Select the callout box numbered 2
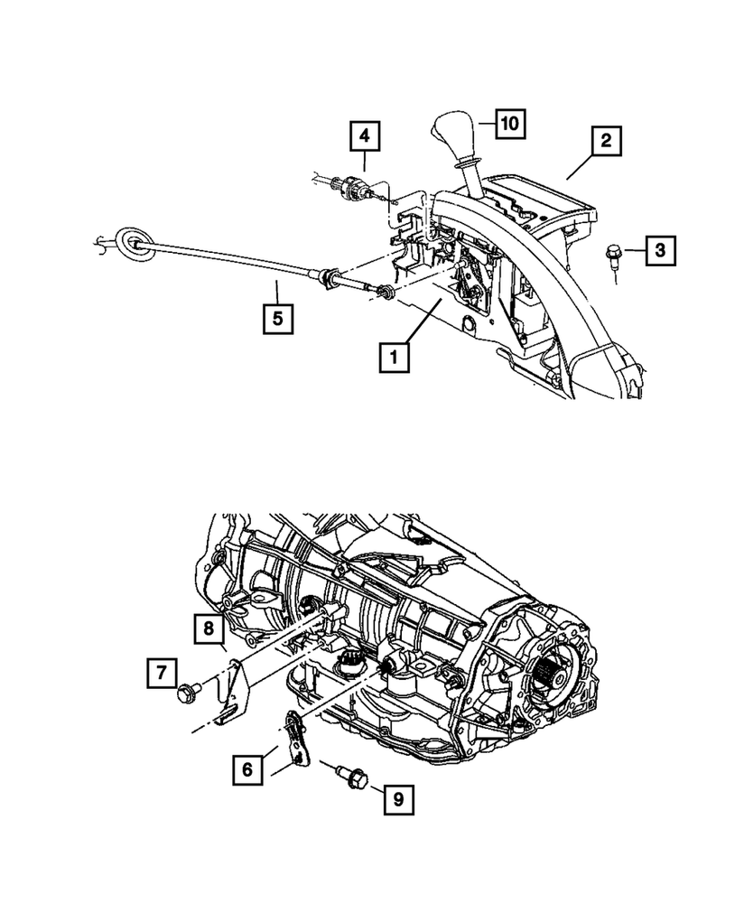(x=607, y=141)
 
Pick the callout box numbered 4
(x=365, y=136)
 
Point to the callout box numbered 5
(x=277, y=319)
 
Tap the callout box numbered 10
(x=509, y=124)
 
